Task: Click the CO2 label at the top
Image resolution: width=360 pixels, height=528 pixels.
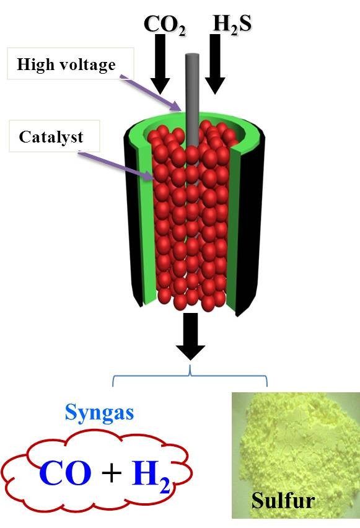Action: (x=164, y=25)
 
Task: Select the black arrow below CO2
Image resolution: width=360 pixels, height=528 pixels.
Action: (x=160, y=64)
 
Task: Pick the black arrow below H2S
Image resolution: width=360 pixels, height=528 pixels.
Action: (x=214, y=64)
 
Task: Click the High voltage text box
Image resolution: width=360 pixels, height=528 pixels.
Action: (x=71, y=64)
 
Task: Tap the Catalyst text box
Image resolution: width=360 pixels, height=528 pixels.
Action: (x=55, y=136)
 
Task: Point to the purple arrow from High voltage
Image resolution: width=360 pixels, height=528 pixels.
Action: (x=151, y=94)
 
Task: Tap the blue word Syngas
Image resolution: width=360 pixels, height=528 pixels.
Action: (x=99, y=413)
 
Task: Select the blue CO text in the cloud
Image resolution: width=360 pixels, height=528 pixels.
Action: (x=65, y=472)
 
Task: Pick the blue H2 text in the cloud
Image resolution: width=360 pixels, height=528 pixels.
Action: (x=150, y=475)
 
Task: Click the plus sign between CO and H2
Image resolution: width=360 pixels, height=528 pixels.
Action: (x=111, y=473)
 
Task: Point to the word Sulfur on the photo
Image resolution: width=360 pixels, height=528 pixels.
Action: (x=283, y=500)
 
